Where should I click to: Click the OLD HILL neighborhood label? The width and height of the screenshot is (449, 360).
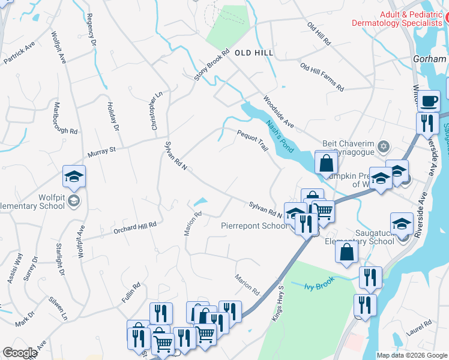tap(254, 53)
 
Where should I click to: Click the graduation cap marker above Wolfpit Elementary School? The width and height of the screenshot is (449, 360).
tap(74, 176)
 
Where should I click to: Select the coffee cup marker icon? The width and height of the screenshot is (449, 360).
tap(429, 101)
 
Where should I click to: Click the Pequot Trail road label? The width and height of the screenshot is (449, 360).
tap(252, 140)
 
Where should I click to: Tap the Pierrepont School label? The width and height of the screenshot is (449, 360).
tap(253, 226)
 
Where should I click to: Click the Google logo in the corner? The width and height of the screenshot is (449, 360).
tap(20, 353)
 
